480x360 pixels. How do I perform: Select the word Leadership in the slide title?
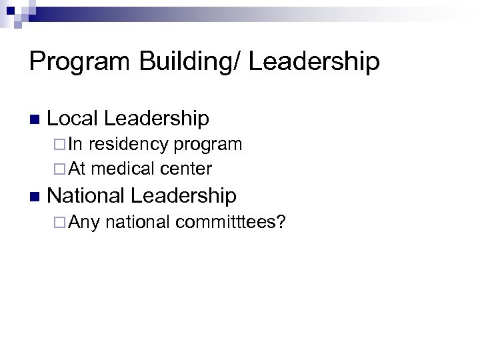pyautogui.click(x=313, y=63)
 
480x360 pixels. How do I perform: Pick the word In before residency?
pyautogui.click(x=76, y=144)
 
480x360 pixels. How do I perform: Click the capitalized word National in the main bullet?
pyautogui.click(x=87, y=195)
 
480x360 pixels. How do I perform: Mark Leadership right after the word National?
pyautogui.click(x=184, y=195)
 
